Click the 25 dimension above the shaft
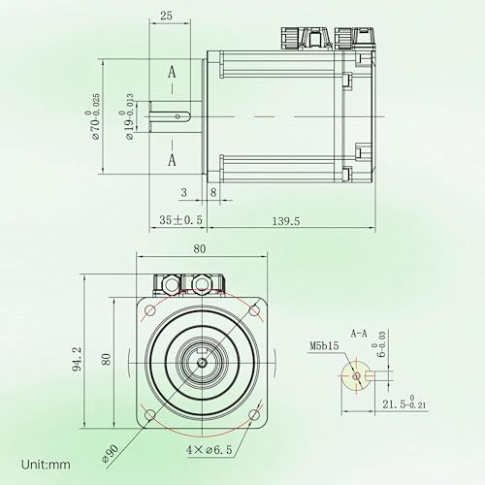click(x=166, y=16)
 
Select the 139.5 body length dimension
click(x=286, y=221)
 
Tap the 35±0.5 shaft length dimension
click(x=180, y=220)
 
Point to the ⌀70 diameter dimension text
click(x=92, y=116)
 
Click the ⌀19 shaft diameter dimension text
click(x=126, y=116)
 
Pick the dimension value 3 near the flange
click(x=184, y=192)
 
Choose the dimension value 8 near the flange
click(x=213, y=192)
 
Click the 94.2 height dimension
click(x=77, y=359)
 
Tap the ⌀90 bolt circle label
click(x=110, y=453)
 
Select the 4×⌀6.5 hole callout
click(x=210, y=449)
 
